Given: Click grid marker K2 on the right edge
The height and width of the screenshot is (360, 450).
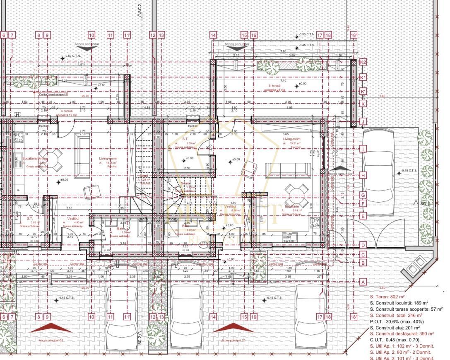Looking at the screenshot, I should [363, 62].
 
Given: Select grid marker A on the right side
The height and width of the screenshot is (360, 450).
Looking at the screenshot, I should [363, 282].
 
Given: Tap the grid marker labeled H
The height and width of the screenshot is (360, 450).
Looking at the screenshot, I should [363, 176].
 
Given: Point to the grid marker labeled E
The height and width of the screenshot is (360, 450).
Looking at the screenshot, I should [363, 216].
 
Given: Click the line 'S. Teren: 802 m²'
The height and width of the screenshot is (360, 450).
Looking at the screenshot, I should [387, 297].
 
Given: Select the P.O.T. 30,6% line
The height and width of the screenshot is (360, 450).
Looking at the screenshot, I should [397, 321].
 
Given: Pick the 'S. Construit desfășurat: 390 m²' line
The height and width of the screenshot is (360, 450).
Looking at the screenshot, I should [402, 334].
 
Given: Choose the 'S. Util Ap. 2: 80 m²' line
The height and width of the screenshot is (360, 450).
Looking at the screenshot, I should [402, 353].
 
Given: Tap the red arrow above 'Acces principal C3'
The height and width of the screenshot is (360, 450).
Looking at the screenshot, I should [233, 328].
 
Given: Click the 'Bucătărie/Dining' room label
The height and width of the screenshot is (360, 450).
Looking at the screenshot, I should [35, 159].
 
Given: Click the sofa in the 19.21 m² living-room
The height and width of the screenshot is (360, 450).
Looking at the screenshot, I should [288, 170].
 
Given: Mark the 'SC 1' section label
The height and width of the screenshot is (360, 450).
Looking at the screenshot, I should [424, 204].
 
